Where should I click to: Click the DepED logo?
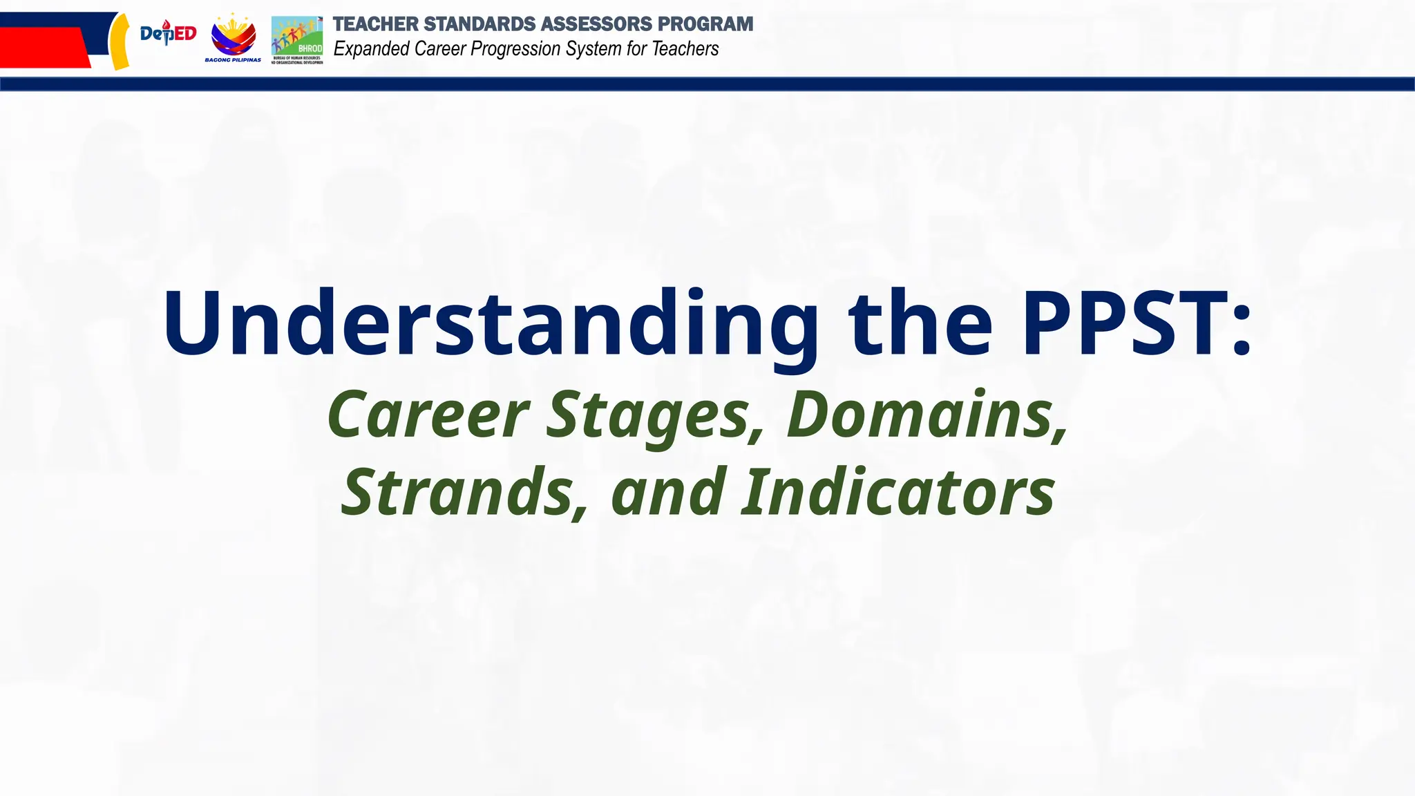point(168,33)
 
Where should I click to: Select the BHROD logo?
point(297,39)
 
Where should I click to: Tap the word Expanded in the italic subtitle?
point(372,49)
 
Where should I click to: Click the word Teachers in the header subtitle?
point(685,49)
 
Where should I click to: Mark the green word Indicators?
point(898,492)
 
